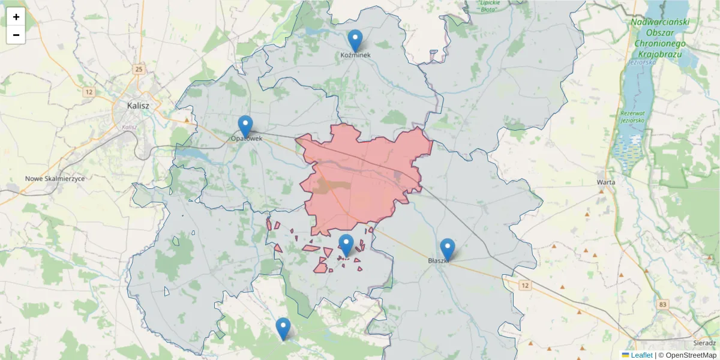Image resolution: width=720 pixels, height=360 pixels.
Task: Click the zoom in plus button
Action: coord(16,17)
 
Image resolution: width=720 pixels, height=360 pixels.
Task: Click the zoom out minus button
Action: coord(16,35)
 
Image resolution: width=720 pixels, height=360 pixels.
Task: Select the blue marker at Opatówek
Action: coord(245,127)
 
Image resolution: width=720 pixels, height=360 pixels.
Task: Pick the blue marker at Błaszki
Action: coord(448,250)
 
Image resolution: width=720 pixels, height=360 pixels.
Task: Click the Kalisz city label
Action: coord(138,106)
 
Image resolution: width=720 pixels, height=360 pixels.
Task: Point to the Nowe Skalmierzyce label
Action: coord(55,179)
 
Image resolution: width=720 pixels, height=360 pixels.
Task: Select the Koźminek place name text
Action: coord(355,55)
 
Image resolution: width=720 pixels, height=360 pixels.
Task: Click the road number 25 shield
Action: coord(139,70)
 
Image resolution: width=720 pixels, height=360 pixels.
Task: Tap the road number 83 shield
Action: coord(662,305)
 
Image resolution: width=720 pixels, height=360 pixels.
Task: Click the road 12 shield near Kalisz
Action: coord(89,92)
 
